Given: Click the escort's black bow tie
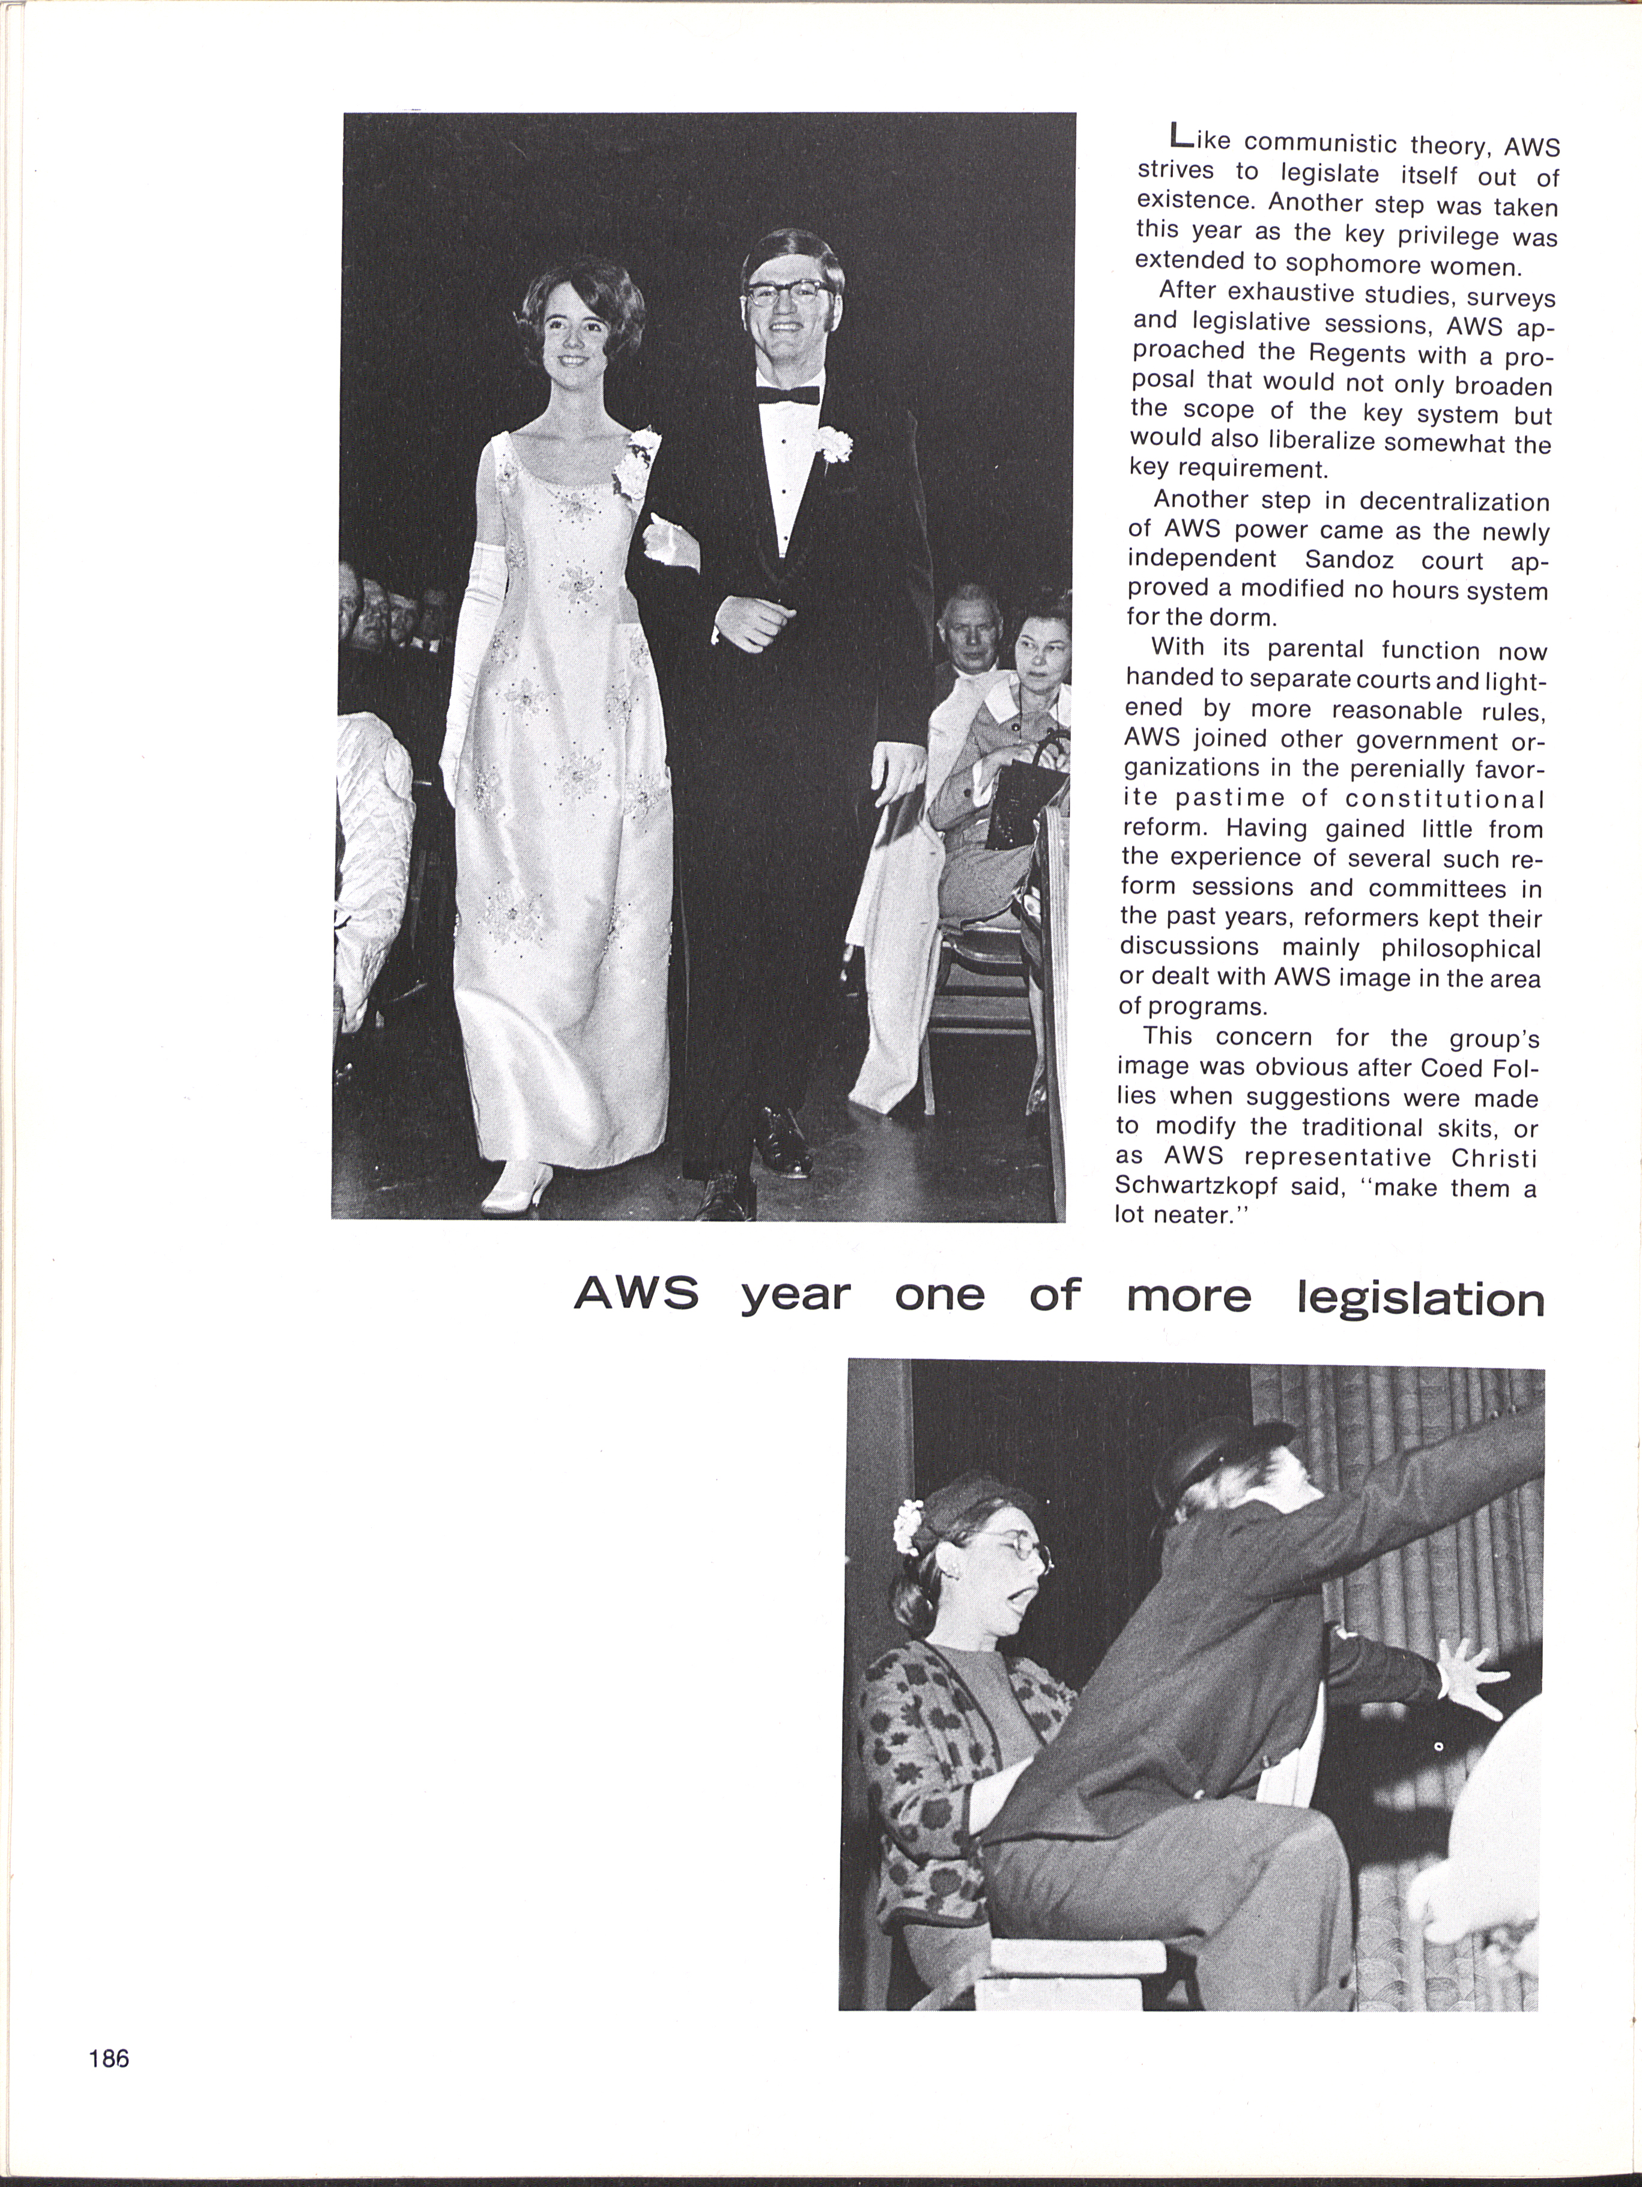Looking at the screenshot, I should (x=788, y=395).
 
